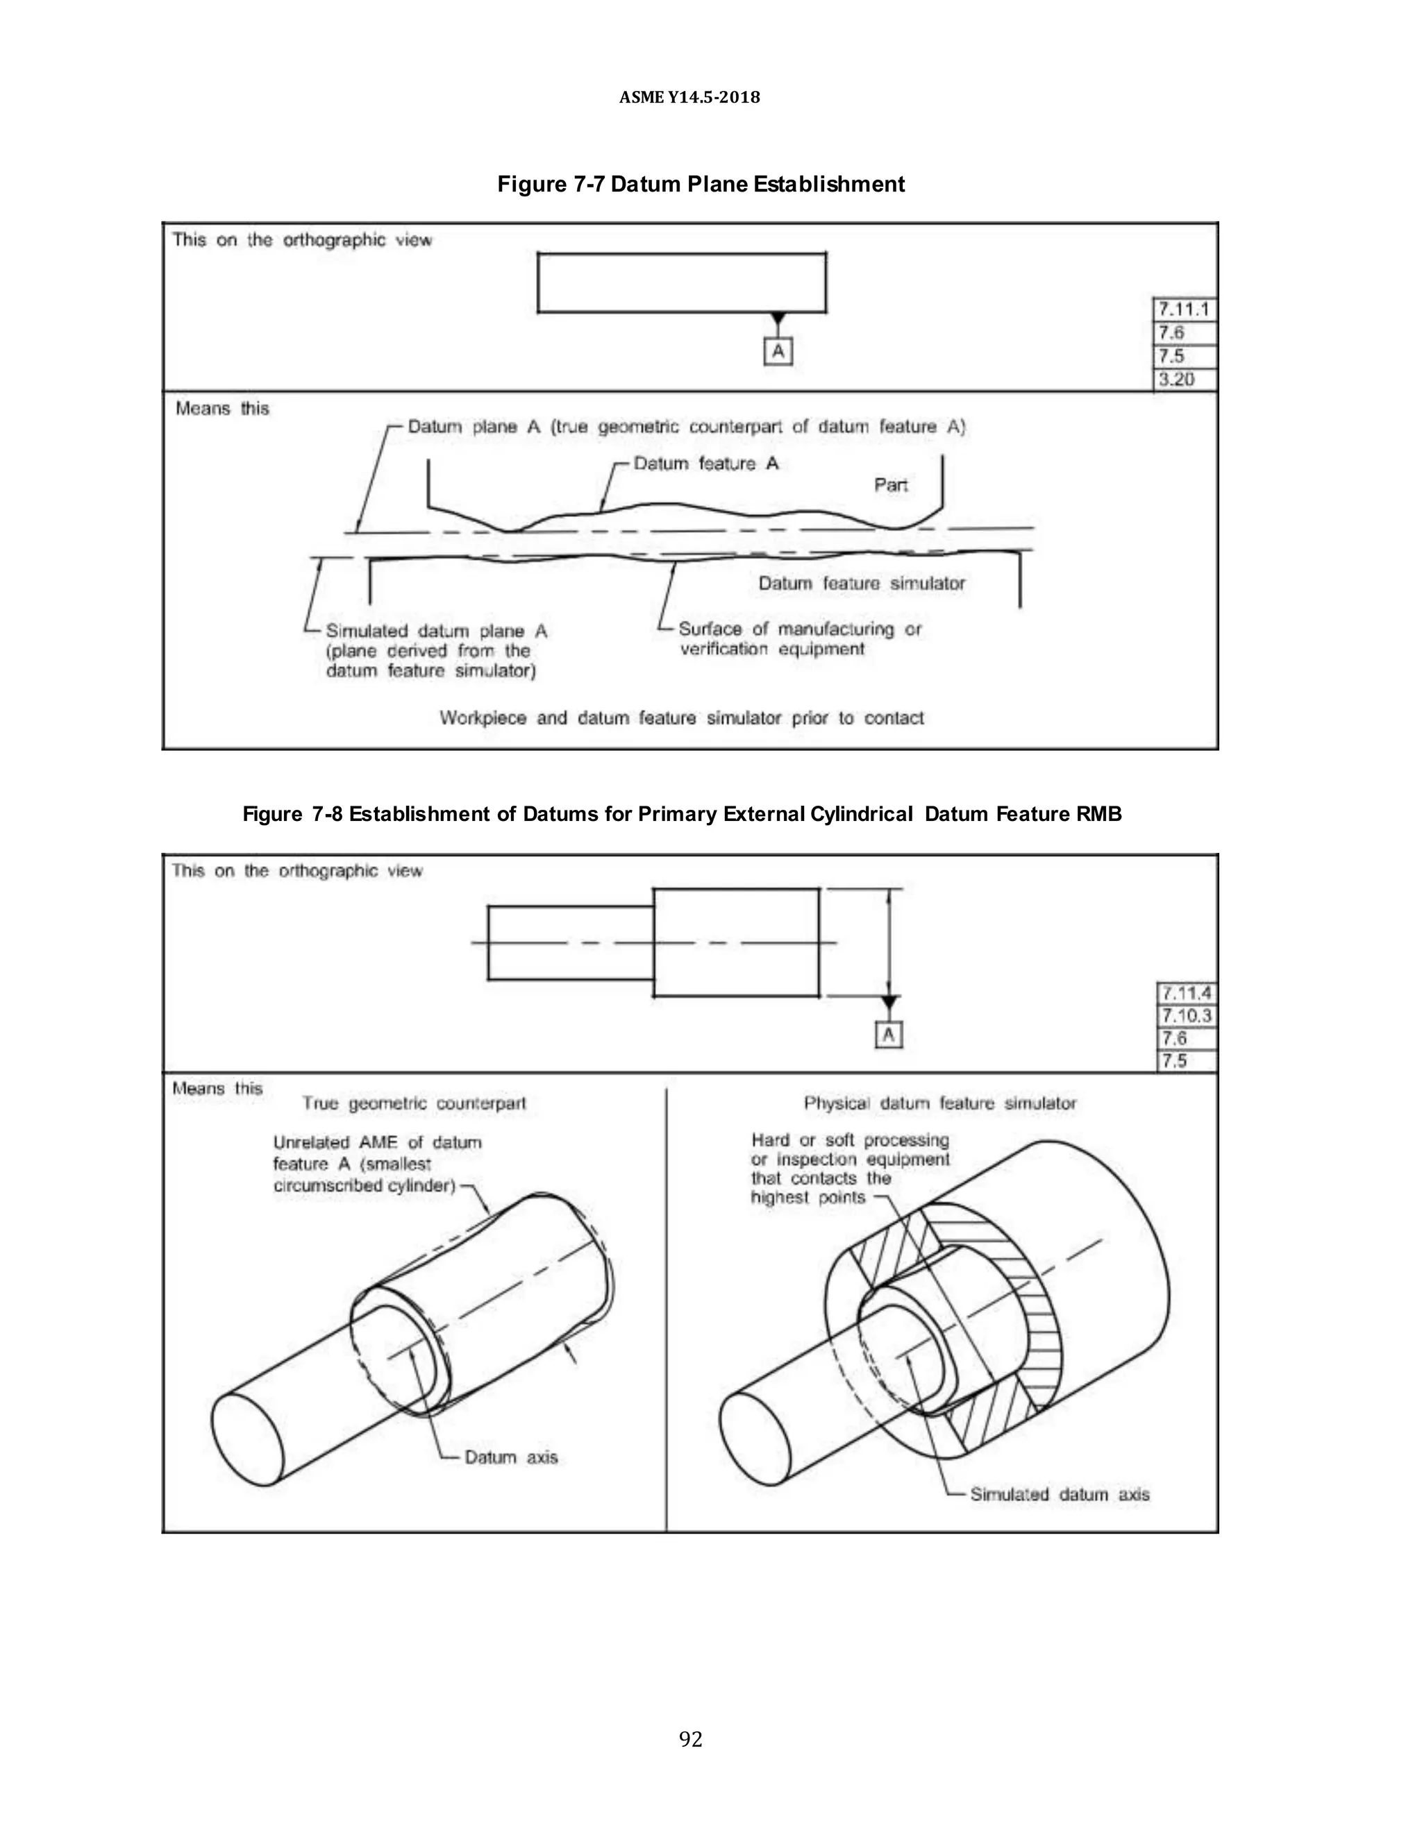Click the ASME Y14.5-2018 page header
[689, 98]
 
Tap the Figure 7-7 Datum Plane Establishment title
[700, 185]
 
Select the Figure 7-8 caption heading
[682, 814]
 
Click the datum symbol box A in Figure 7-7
[778, 351]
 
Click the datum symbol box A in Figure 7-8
[888, 1035]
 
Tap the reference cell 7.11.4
[1186, 994]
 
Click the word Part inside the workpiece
[890, 485]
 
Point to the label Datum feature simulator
[861, 584]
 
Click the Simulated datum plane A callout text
[435, 651]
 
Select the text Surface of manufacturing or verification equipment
[798, 639]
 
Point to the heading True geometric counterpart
[414, 1103]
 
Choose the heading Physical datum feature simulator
[939, 1103]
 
